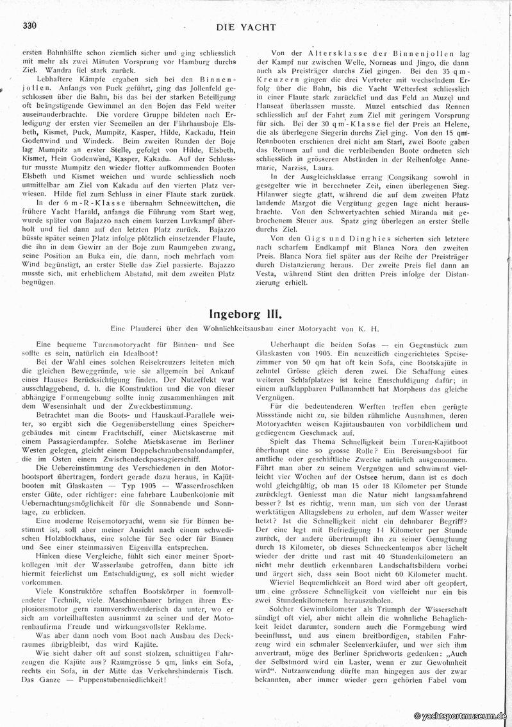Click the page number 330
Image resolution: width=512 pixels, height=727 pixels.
pos(29,26)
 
